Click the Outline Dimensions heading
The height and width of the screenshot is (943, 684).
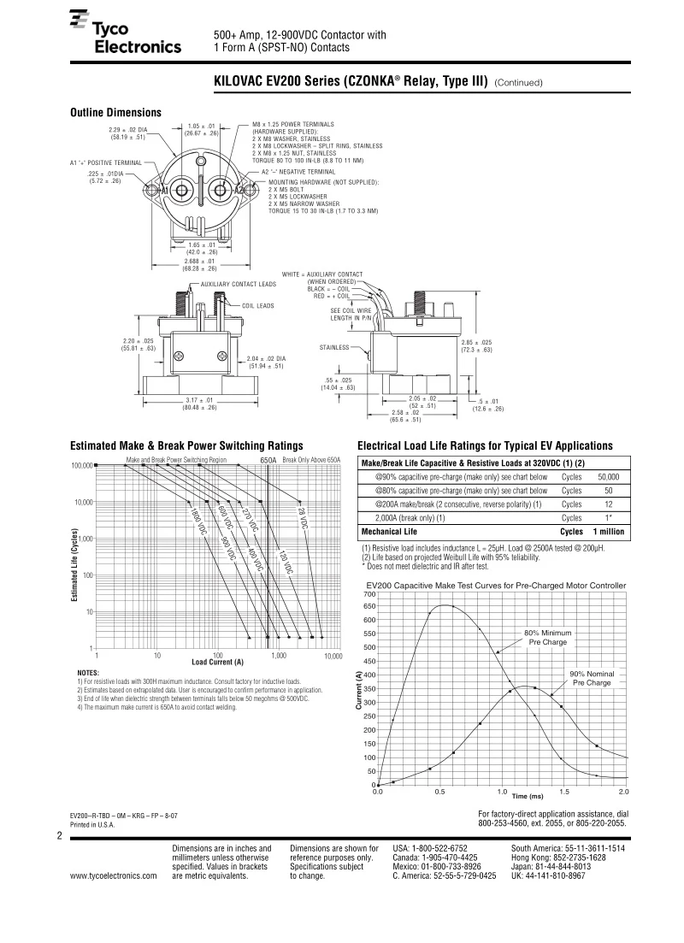coord(115,113)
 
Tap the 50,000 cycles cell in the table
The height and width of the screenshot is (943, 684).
coord(608,477)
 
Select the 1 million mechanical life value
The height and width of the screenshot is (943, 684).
coord(609,532)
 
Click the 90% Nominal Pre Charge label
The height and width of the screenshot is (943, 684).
coord(592,679)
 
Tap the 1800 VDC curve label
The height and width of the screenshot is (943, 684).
coord(197,521)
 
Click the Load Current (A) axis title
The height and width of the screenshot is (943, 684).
coord(217,662)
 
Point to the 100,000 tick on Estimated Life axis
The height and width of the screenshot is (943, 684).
coord(81,466)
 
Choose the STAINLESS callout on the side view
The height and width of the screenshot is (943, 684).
coord(334,347)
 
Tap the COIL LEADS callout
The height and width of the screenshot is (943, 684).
coord(257,305)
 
